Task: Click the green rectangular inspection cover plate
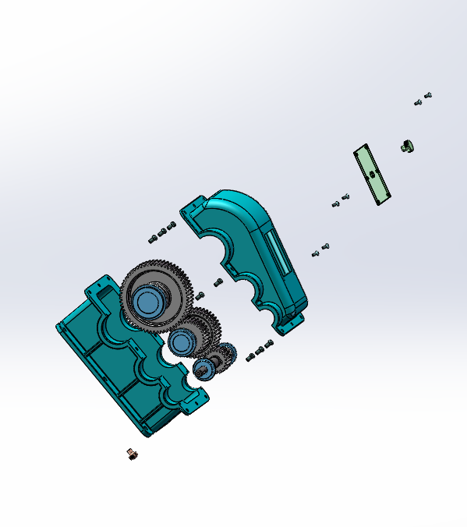372,174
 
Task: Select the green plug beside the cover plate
406,145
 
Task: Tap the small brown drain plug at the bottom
132,453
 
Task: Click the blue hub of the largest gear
147,300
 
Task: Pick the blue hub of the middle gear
182,341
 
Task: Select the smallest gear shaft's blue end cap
200,369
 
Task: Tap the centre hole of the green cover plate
372,173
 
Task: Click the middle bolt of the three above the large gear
162,232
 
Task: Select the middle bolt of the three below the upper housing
260,352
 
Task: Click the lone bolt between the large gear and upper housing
218,282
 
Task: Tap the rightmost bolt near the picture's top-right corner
428,96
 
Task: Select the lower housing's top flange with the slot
98,286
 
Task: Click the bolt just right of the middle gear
200,295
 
